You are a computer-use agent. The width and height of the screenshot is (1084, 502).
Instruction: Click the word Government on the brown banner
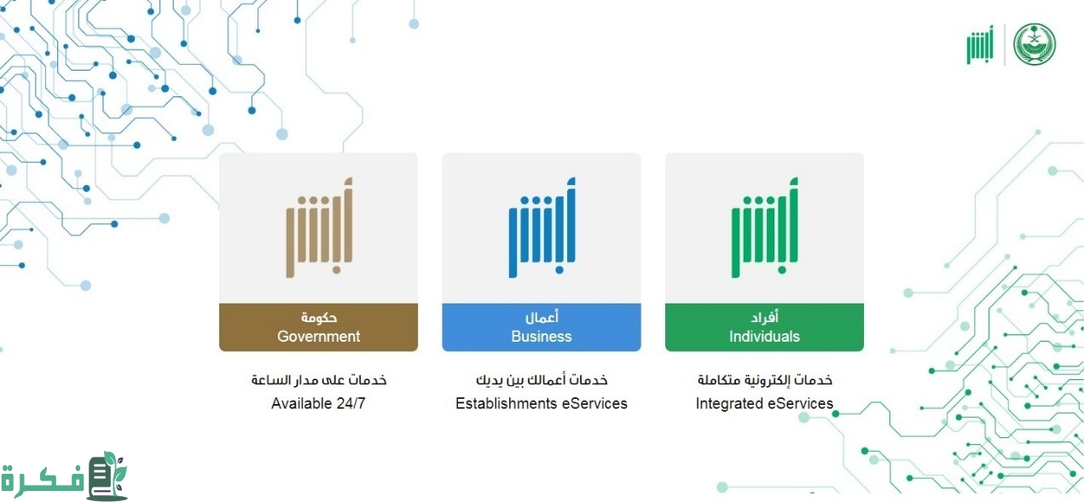(318, 336)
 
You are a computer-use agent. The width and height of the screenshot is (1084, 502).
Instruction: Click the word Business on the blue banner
(542, 336)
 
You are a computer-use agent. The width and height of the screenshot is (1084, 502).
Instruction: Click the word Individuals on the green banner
(764, 336)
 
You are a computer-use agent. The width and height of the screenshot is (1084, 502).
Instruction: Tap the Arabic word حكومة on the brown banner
(319, 317)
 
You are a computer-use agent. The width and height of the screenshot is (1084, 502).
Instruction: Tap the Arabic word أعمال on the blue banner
(542, 317)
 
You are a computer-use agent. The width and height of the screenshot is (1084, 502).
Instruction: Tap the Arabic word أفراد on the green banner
(765, 317)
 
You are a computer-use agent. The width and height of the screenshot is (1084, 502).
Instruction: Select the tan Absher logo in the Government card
(319, 228)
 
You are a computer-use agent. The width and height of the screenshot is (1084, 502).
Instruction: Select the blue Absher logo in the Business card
(542, 228)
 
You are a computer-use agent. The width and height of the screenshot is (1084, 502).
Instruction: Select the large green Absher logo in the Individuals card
(765, 228)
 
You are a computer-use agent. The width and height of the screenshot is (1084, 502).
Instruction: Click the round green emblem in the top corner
(1035, 44)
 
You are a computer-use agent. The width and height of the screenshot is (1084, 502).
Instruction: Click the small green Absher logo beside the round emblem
(980, 44)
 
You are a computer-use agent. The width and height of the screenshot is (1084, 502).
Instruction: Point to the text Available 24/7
(318, 403)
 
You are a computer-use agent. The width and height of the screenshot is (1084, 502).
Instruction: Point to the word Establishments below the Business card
(507, 403)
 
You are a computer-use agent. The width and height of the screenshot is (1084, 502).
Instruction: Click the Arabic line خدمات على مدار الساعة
(319, 380)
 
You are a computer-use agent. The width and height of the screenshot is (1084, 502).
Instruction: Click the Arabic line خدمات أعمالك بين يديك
(542, 380)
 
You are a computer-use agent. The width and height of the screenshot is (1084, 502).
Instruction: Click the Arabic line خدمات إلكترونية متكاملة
(765, 380)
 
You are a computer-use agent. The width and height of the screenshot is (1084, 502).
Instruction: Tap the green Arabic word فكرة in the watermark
(43, 480)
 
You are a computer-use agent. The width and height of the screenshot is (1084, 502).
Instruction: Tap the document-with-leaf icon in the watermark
(107, 476)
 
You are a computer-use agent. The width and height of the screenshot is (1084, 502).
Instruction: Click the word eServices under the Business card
(594, 403)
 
